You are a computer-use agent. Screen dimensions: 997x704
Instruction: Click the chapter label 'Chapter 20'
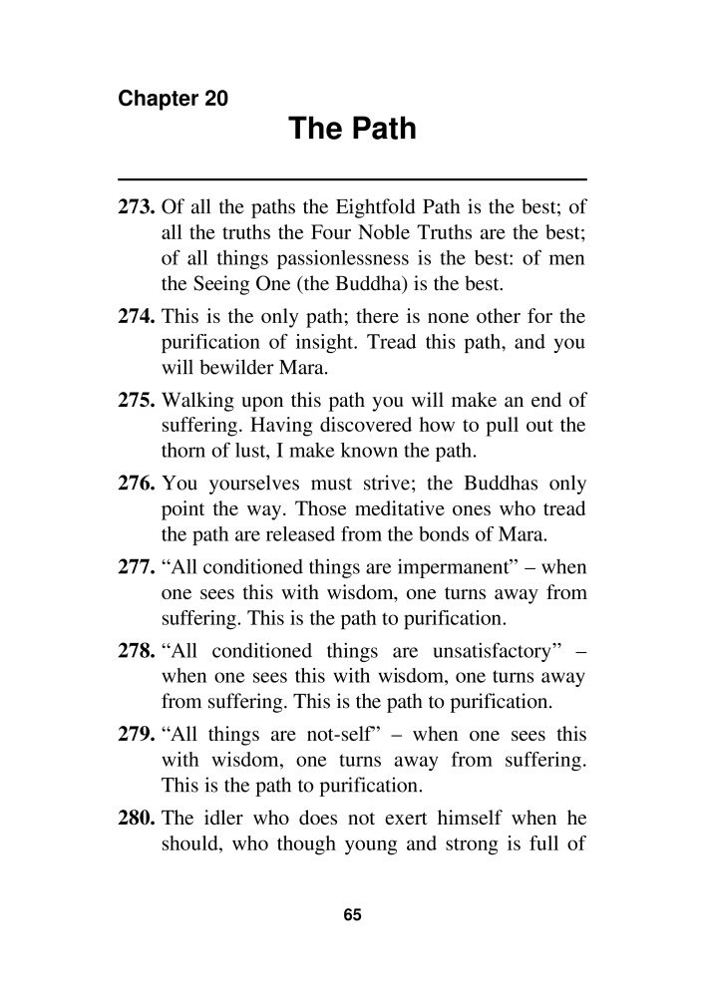pos(173,99)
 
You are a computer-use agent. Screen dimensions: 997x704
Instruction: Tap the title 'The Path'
pos(352,130)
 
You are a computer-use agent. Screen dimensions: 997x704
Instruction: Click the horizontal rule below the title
pos(352,178)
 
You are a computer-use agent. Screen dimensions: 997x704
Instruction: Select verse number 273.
pos(137,209)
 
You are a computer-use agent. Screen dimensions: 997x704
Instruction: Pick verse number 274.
pos(137,318)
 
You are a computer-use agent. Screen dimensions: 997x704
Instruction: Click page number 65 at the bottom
pos(351,915)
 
